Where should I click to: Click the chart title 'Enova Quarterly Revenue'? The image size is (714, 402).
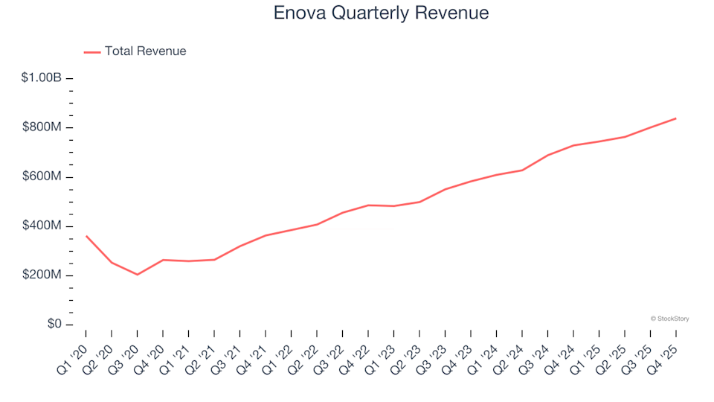381,13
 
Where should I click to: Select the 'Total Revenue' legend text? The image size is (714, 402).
145,51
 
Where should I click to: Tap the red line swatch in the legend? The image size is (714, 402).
92,52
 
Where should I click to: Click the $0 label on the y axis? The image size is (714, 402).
54,325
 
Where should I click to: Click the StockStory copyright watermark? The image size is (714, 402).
669,319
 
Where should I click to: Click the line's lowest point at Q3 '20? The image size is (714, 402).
138,275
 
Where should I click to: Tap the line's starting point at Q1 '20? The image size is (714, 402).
86,236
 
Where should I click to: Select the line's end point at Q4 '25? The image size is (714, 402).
675,118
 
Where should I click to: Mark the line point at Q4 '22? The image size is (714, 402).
368,205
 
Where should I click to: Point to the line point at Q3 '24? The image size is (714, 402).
547,156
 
